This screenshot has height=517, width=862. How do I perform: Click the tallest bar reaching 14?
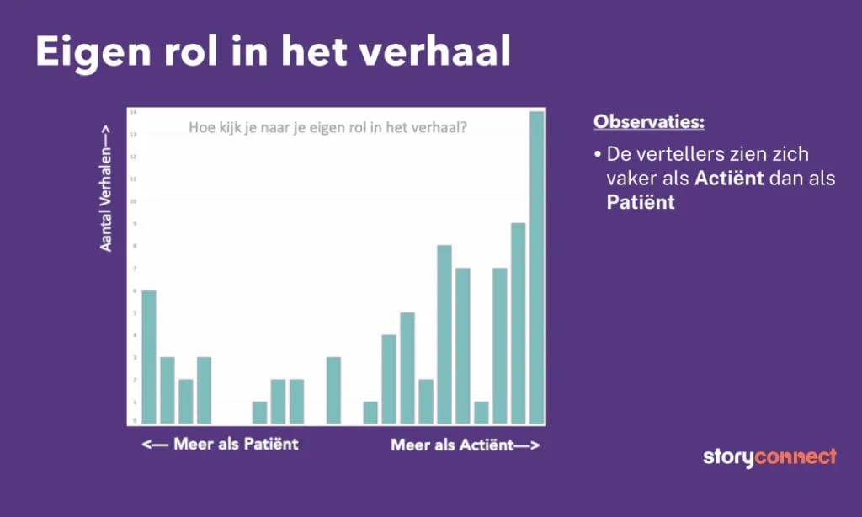pyautogui.click(x=536, y=267)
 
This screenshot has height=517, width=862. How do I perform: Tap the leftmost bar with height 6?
pyautogui.click(x=149, y=356)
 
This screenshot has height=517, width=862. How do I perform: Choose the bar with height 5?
pyautogui.click(x=407, y=367)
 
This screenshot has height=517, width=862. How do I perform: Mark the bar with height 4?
pyautogui.click(x=389, y=378)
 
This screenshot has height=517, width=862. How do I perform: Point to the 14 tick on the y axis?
pyautogui.click(x=132, y=112)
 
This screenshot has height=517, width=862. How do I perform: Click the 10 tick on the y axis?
pyautogui.click(x=132, y=201)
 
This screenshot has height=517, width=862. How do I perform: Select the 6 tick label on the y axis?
pyautogui.click(x=132, y=290)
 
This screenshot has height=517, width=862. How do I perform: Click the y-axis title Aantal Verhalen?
pyautogui.click(x=106, y=187)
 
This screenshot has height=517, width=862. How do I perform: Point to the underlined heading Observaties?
pyautogui.click(x=649, y=121)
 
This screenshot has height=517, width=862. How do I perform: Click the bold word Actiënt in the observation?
pyautogui.click(x=728, y=179)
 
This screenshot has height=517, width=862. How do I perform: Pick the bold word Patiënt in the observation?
pyautogui.click(x=641, y=203)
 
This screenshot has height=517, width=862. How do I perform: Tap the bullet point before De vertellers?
pyautogui.click(x=597, y=155)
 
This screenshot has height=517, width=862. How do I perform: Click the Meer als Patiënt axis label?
pyautogui.click(x=220, y=444)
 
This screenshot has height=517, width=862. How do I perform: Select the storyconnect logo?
pyautogui.click(x=769, y=457)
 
